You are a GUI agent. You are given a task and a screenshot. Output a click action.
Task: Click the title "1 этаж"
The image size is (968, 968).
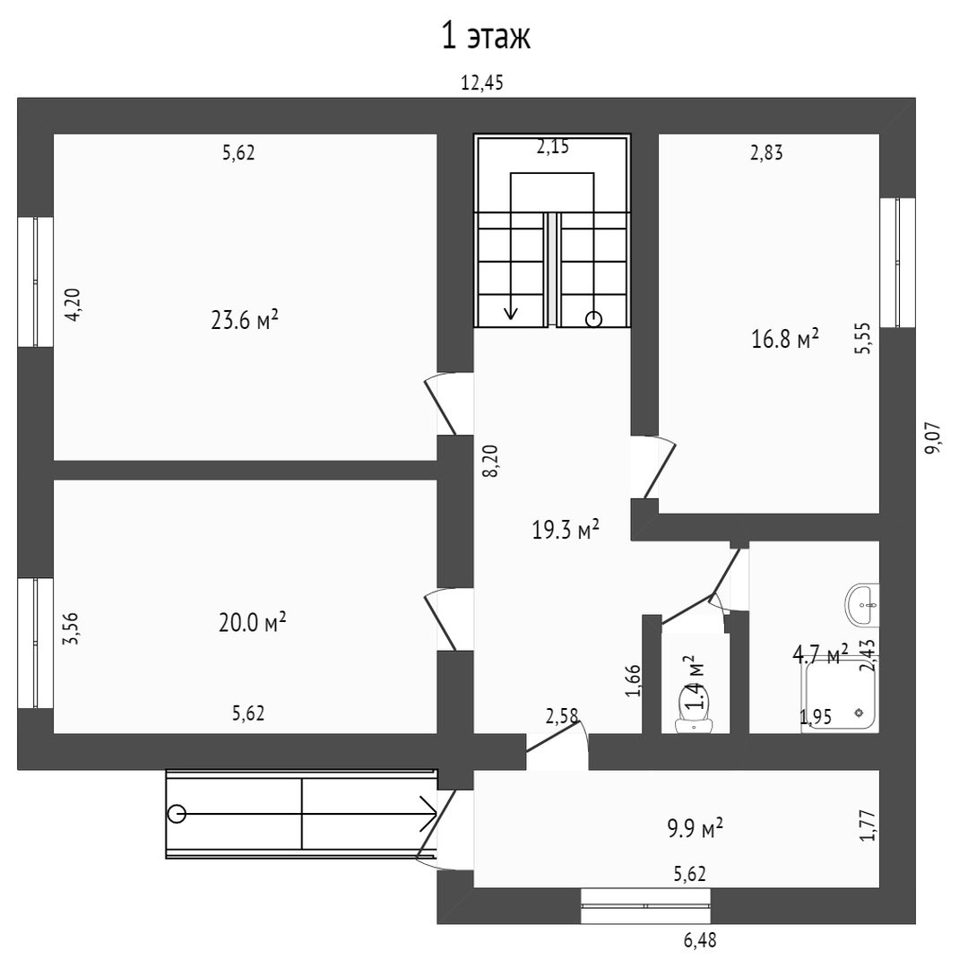[x=486, y=37]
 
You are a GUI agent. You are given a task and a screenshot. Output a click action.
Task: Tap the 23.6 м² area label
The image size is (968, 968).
[x=245, y=320]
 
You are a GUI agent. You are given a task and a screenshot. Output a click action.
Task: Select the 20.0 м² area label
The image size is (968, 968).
[x=252, y=622]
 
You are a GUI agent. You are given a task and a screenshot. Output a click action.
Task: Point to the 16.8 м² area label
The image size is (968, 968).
[x=784, y=338]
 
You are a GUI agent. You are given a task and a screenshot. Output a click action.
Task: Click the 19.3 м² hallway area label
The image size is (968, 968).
[x=566, y=530]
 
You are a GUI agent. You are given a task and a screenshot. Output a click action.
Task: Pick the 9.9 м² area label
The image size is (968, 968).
[x=696, y=828]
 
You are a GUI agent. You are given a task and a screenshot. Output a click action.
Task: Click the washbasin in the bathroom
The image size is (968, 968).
[x=862, y=605]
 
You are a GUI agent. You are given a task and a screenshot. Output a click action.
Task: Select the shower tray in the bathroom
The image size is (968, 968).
[x=840, y=696]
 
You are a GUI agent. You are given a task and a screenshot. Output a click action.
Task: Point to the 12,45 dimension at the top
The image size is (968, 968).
[x=482, y=82]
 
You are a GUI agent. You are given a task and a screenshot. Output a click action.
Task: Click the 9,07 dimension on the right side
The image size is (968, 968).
[x=933, y=438]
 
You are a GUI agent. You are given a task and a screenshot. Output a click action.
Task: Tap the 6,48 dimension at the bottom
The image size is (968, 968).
[x=700, y=940]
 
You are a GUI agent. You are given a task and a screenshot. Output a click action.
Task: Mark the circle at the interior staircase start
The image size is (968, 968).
[x=593, y=319]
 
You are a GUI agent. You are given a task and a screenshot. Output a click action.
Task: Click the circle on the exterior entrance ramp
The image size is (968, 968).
[x=177, y=814]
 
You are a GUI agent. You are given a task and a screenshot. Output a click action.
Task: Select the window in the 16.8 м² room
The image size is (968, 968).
[x=897, y=263]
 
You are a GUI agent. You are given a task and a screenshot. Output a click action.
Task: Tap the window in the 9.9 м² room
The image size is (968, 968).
[x=645, y=905]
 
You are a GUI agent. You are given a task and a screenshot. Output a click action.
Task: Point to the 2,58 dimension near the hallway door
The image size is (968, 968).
[x=561, y=716]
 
